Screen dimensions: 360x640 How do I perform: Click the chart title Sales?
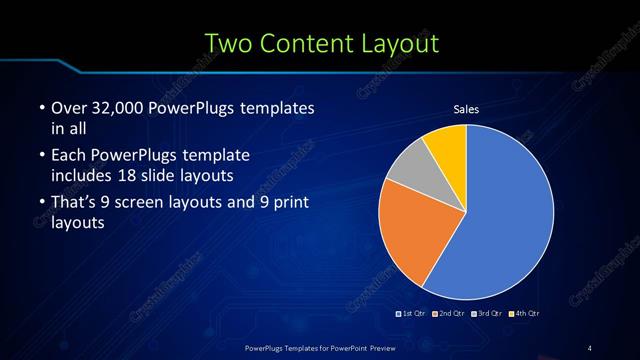467,108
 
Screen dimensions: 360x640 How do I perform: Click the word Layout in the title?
403,43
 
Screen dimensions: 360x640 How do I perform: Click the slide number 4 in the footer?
591,347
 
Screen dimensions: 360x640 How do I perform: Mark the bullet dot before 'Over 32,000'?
40,108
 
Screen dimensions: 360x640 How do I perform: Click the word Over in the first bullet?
68,107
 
